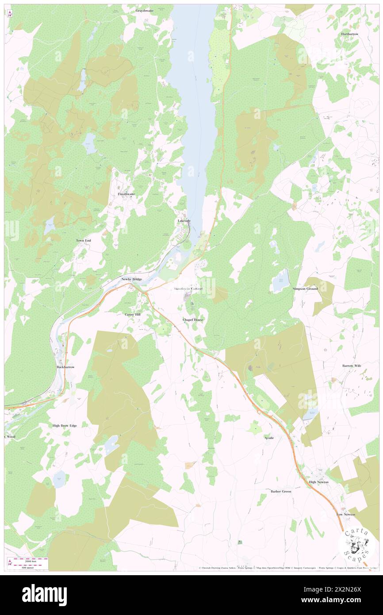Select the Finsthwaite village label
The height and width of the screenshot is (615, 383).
[126, 194]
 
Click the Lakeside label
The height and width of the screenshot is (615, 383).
[184, 220]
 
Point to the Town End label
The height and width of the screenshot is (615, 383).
[83, 240]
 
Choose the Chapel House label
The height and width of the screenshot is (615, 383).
[193, 319]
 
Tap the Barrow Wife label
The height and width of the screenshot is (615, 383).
[352, 366]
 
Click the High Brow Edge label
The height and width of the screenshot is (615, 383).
[65, 426]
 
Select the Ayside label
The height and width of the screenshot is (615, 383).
[269, 438]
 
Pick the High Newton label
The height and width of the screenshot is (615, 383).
[318, 482]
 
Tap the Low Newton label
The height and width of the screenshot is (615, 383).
[345, 514]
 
